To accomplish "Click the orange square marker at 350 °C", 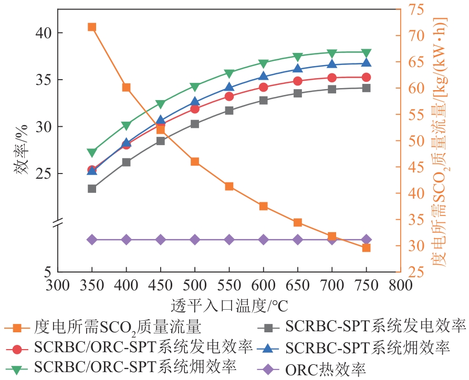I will (92, 27).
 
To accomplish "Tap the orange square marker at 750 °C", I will (367, 247).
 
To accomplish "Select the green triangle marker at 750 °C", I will (367, 53).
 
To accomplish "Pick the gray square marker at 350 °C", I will (92, 188).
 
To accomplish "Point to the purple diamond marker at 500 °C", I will (195, 240).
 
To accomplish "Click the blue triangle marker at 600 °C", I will (264, 77).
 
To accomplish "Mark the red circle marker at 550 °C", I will (229, 96).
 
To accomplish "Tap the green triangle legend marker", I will (19, 368).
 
